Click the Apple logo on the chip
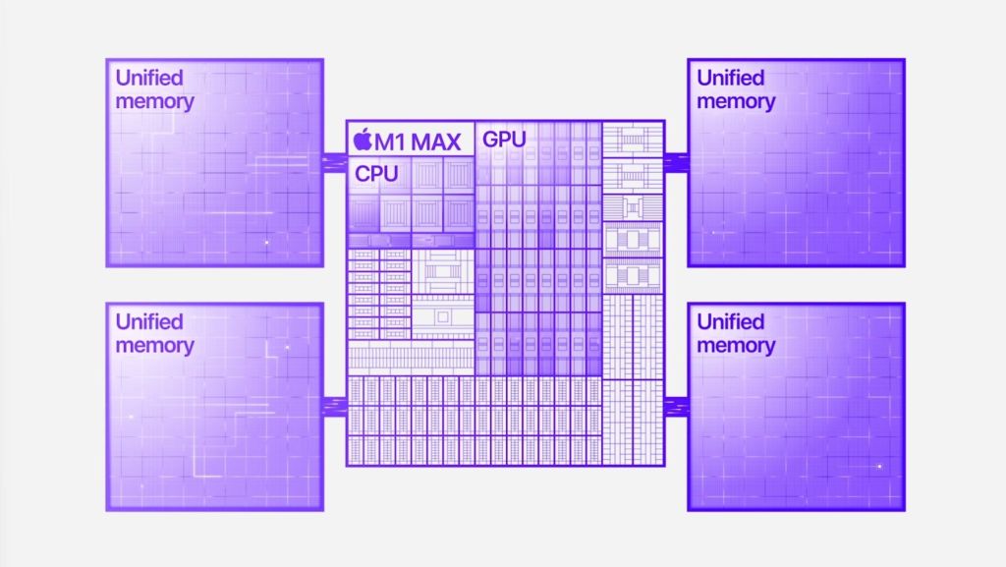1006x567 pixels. coord(363,140)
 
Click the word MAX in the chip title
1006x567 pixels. coord(435,142)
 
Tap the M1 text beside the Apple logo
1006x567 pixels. coord(390,142)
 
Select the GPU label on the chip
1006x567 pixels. coord(504,140)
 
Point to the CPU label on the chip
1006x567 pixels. coord(376,173)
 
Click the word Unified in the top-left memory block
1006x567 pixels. coord(149,78)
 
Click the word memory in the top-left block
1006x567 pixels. coord(154,102)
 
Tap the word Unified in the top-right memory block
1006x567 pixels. coord(731,78)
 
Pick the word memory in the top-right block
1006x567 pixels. coord(736,102)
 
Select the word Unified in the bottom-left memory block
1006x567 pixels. coord(149,321)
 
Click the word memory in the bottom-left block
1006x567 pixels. coord(154,346)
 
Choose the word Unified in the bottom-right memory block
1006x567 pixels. coord(731,321)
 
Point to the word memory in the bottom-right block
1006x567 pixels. coord(736,346)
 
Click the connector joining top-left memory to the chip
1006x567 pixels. coord(335,162)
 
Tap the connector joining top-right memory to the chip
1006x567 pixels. coord(676,162)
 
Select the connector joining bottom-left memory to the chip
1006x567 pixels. coord(335,406)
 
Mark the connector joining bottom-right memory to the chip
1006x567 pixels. coord(676,406)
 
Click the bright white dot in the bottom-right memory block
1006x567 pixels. coord(879,467)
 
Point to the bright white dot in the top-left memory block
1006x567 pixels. coord(267,243)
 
